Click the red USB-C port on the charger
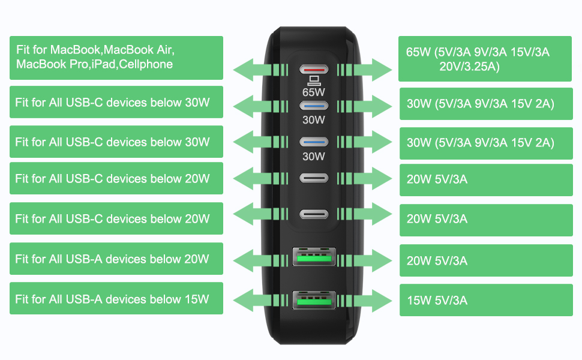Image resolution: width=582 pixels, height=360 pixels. (314, 70)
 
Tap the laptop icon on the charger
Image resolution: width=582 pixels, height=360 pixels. (314, 80)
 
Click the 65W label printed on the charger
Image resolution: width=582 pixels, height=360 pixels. (314, 92)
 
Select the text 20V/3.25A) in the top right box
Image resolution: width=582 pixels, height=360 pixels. (469, 67)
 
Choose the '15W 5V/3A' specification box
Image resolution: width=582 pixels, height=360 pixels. (486, 300)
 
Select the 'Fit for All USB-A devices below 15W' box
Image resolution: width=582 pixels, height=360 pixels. (116, 298)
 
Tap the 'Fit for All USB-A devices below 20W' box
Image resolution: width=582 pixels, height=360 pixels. (116, 259)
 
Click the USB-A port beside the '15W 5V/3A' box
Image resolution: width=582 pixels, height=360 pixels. (314, 300)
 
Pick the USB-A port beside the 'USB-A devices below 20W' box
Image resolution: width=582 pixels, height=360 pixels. (314, 256)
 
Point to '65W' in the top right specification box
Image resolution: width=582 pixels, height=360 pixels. (418, 52)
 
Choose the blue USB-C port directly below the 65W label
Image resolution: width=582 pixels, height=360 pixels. (314, 106)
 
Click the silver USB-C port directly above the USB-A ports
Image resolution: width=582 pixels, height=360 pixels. (314, 214)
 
